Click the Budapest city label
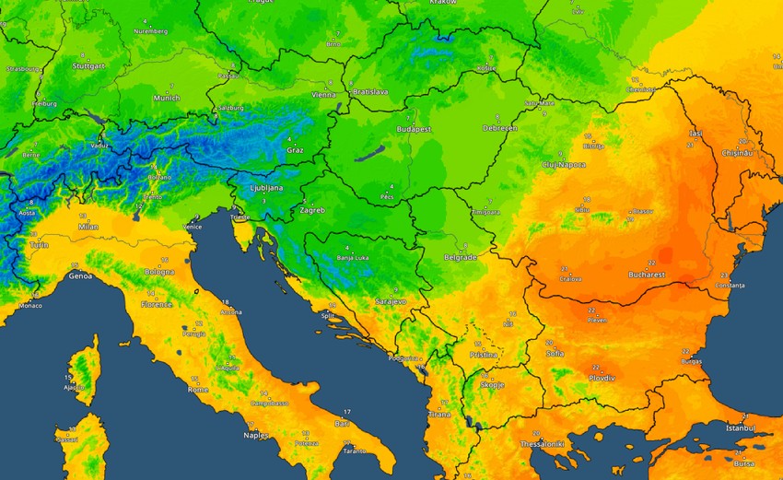pyautogui.click(x=414, y=130)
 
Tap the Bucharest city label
pyautogui.click(x=644, y=275)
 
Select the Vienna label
pyautogui.click(x=323, y=95)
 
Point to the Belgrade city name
pyautogui.click(x=460, y=258)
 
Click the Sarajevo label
pyautogui.click(x=391, y=302)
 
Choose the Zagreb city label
pyautogui.click(x=311, y=210)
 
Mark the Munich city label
pyautogui.click(x=167, y=98)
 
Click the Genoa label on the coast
pyautogui.click(x=80, y=275)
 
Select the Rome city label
pyautogui.click(x=198, y=389)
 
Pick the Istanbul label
pyautogui.click(x=739, y=428)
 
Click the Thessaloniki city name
pyautogui.click(x=544, y=444)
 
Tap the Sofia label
pyautogui.click(x=555, y=353)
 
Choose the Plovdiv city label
pyautogui.click(x=602, y=378)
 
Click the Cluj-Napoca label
pyautogui.click(x=564, y=164)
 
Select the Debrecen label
pyautogui.click(x=500, y=128)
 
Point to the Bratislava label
pyautogui.click(x=370, y=92)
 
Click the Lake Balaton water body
pyautogui.click(x=376, y=155)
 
